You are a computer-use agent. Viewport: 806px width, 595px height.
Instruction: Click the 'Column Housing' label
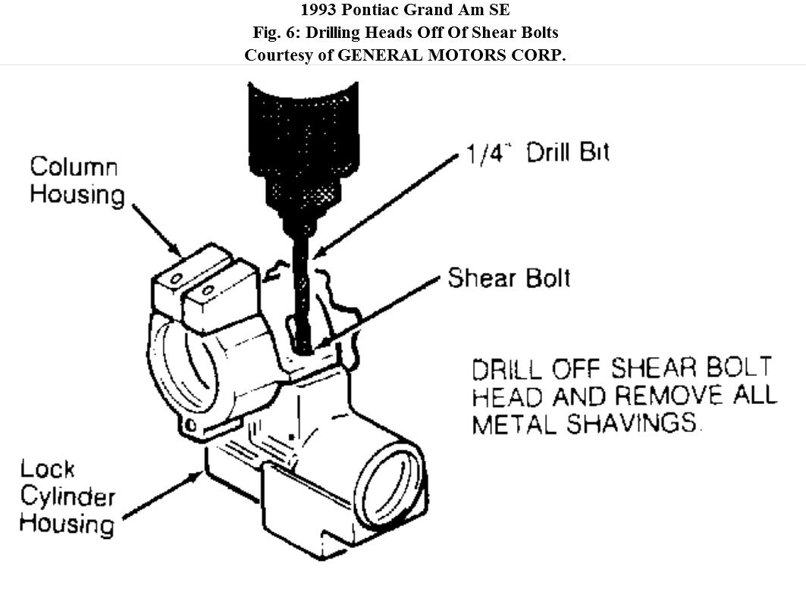[76, 180]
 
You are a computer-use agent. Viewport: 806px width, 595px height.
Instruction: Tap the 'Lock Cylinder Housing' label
[67, 496]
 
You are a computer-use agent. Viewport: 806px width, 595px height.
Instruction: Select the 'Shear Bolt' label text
[508, 278]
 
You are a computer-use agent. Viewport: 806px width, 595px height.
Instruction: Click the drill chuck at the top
[303, 144]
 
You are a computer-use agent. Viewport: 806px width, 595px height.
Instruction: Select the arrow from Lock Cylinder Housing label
[163, 496]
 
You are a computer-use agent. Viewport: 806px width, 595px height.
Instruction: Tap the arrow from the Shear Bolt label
[379, 312]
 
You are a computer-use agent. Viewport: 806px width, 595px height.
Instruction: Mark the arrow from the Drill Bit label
[387, 204]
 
